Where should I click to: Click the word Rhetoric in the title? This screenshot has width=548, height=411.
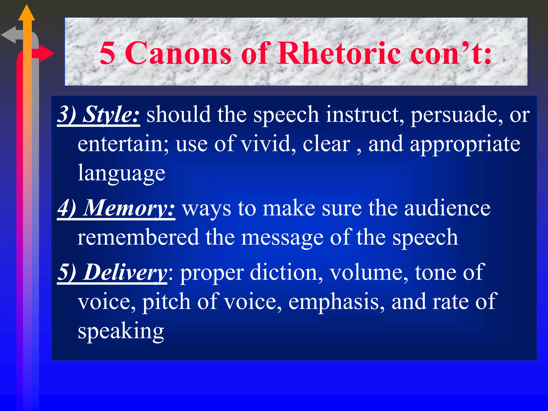tap(339, 53)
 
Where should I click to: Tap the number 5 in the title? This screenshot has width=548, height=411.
tap(107, 53)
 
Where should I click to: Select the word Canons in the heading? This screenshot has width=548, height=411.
tap(178, 53)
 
